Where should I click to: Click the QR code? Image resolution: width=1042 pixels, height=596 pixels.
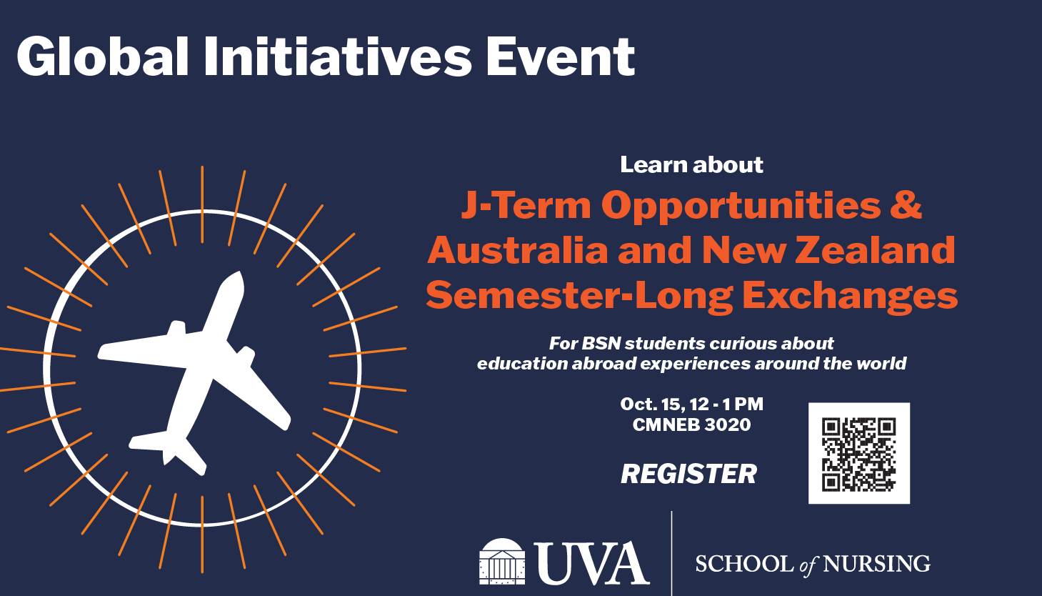point(858,454)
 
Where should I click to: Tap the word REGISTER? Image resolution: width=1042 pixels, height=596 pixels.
point(689,474)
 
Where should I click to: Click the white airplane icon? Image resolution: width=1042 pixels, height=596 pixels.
point(194,372)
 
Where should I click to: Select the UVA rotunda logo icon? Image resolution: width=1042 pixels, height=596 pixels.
point(502,562)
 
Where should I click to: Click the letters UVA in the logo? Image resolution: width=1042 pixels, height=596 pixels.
point(592,563)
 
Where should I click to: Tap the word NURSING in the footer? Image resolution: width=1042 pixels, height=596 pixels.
point(876,564)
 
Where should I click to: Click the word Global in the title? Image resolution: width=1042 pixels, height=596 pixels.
point(102,56)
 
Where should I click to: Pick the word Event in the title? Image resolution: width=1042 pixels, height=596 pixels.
point(560,56)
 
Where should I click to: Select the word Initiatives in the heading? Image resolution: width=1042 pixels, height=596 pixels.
point(339,56)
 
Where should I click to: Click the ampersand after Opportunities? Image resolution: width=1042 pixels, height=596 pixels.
point(906,205)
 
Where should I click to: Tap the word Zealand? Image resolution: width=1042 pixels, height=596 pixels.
point(875,250)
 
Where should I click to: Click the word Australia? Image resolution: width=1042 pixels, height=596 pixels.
point(518,250)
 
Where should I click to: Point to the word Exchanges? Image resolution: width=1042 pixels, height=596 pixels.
point(850,295)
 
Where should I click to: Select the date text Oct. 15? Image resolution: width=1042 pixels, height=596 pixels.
point(653,404)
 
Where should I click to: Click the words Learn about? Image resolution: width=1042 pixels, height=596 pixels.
point(692,165)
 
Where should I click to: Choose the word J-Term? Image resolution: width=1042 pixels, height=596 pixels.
point(526,205)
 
